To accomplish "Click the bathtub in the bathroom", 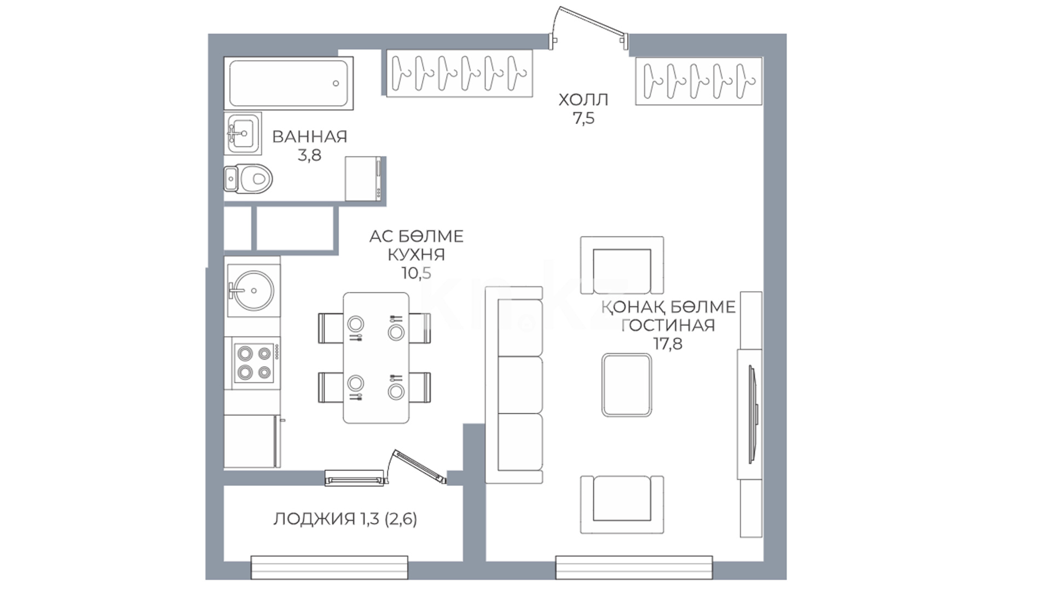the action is tap(288, 83).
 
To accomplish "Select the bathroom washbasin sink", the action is tap(242, 133).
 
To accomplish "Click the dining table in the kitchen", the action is tap(376, 358).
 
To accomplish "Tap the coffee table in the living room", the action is tap(627, 385).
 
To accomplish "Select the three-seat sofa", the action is tap(514, 385).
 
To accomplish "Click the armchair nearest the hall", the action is tap(622, 265).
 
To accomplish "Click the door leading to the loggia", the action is tap(419, 467).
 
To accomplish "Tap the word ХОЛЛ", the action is tap(584, 100).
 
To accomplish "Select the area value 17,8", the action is tap(668, 344).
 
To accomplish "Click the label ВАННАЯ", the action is tap(310, 137).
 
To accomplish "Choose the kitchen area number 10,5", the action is tap(416, 273).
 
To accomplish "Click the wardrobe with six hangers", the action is tap(459, 73).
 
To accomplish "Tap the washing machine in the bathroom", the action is tap(364, 178).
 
